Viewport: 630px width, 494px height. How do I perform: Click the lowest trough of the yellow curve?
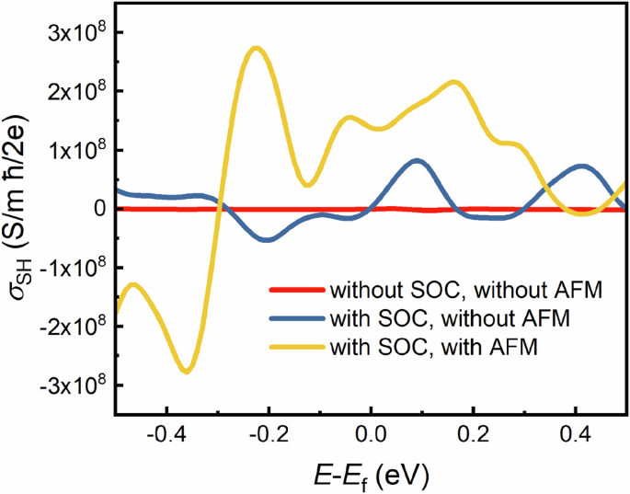click(187, 371)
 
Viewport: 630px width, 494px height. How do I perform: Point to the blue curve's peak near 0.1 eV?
click(418, 160)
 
